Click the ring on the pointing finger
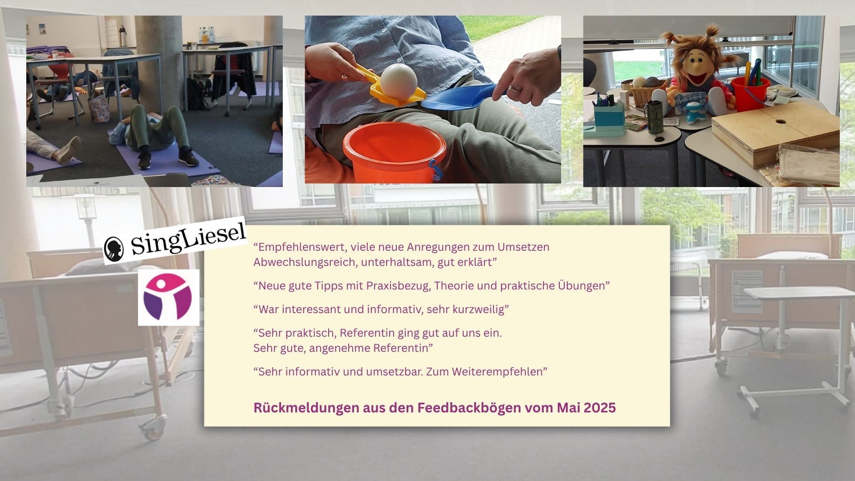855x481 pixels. point(515,88)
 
